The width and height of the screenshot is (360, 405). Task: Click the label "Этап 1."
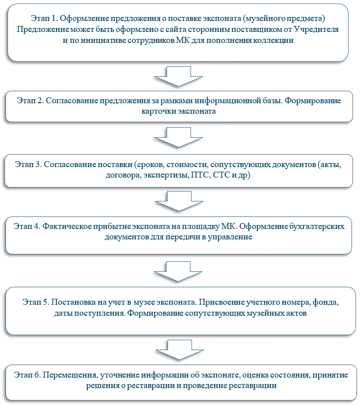(x=44, y=18)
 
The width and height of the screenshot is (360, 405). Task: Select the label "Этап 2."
(x=30, y=100)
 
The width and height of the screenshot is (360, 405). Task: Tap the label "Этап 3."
(x=28, y=164)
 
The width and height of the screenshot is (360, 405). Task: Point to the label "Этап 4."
(x=27, y=226)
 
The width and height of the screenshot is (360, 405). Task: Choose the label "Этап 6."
(x=27, y=375)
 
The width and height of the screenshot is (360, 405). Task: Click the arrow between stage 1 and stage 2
(x=179, y=76)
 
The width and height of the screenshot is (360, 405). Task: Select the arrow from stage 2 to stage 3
(x=179, y=138)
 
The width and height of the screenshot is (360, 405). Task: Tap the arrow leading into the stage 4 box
(x=179, y=201)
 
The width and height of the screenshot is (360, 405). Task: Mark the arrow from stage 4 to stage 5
(x=178, y=271)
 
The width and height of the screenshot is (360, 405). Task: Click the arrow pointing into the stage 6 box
(x=180, y=350)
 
